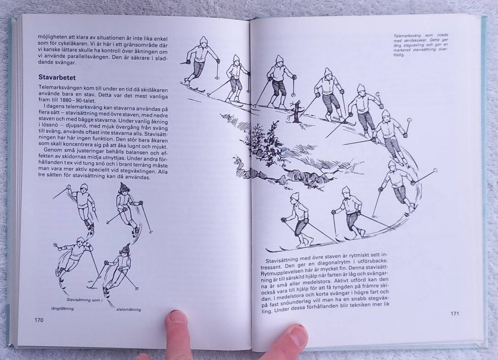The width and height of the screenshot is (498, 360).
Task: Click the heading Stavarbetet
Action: (x=57, y=78)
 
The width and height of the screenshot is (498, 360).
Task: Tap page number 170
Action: (x=39, y=320)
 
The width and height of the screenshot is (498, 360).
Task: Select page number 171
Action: (x=455, y=313)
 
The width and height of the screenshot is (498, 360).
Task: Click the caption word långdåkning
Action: (x=62, y=308)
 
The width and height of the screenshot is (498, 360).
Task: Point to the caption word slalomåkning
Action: (x=128, y=310)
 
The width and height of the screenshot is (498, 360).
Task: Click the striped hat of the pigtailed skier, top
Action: (x=124, y=187)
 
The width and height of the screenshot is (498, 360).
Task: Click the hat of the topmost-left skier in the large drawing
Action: (x=203, y=40)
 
